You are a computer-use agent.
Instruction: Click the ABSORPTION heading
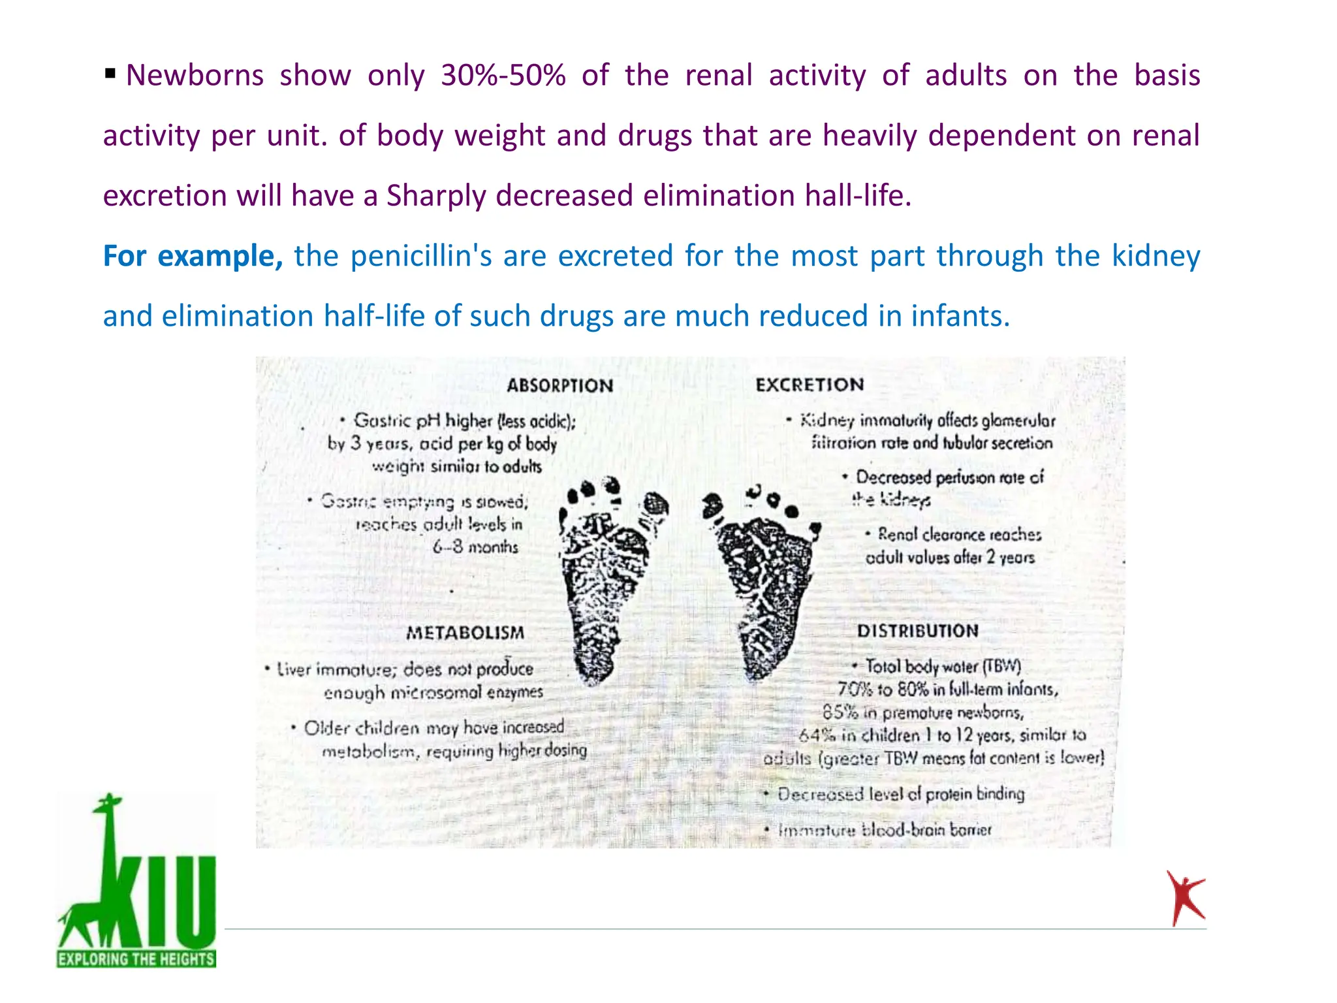click(559, 385)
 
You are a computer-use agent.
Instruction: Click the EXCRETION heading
click(810, 385)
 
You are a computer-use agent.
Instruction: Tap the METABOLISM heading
click(465, 632)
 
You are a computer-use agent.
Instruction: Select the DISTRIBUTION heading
click(917, 631)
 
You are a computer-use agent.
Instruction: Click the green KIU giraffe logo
click(136, 875)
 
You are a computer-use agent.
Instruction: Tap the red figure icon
click(1185, 898)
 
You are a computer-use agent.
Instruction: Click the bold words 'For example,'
click(193, 256)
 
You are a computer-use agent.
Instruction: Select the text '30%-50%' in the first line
click(503, 76)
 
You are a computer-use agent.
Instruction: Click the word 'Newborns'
click(195, 76)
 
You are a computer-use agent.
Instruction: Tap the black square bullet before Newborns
click(110, 72)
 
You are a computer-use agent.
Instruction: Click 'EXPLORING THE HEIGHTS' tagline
click(136, 959)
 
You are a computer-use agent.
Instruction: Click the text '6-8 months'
click(475, 547)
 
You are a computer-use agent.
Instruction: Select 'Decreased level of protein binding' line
click(900, 794)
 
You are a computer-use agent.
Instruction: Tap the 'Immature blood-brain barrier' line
click(884, 830)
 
